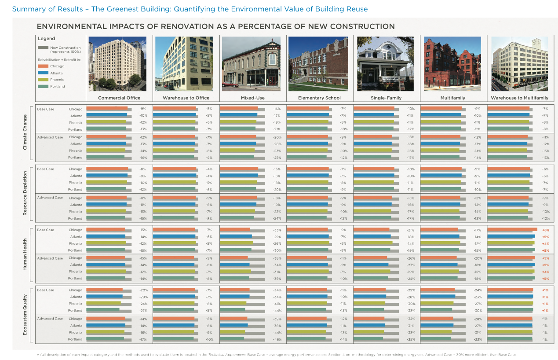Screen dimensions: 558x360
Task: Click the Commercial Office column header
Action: tap(119, 98)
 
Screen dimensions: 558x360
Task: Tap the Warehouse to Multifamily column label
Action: tap(520, 98)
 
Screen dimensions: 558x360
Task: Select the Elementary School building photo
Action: tap(318, 64)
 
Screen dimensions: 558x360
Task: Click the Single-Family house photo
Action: tap(385, 64)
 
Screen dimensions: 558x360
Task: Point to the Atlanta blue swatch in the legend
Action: tap(43, 73)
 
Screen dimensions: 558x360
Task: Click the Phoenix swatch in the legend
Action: tap(43, 80)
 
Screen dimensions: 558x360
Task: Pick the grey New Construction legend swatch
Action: tap(43, 48)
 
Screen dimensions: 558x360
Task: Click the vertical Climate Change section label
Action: tap(25, 132)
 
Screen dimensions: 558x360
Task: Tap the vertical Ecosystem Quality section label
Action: tap(25, 315)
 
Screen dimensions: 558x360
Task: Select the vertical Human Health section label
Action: tap(25, 254)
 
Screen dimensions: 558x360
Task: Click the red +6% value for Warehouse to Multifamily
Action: tap(545, 230)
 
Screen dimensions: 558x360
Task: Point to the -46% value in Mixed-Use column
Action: tap(277, 339)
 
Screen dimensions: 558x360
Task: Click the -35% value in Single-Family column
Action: tap(411, 339)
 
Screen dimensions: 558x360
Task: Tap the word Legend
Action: tap(46, 38)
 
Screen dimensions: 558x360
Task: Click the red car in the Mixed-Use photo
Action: tap(230, 84)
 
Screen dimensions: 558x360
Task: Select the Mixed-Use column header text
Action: tap(252, 98)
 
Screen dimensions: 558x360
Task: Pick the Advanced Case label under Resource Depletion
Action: tap(50, 198)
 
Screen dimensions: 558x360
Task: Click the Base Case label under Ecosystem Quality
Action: tap(46, 290)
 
